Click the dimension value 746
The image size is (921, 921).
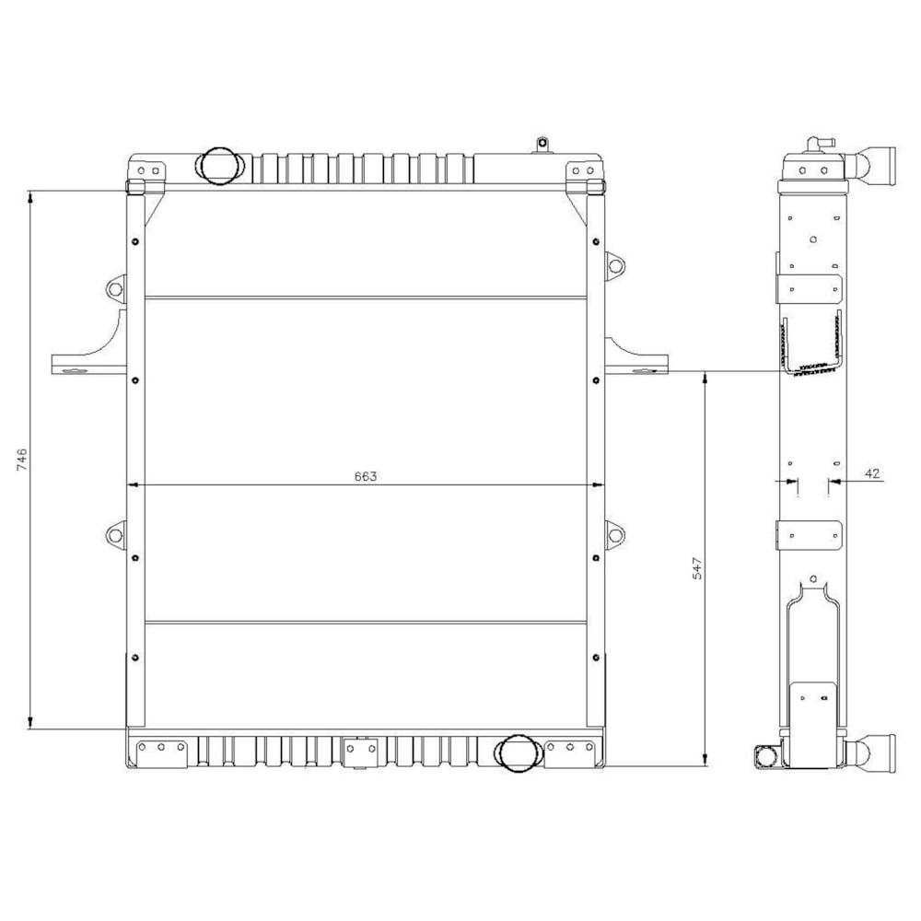pyautogui.click(x=22, y=460)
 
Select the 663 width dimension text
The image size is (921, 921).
pyautogui.click(x=366, y=476)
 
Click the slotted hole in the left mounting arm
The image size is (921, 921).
pyautogui.click(x=72, y=371)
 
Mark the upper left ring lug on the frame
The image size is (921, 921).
pyautogui.click(x=115, y=288)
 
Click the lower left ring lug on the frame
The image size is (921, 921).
pyautogui.click(x=115, y=533)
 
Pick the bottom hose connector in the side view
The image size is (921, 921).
pyautogui.click(x=879, y=753)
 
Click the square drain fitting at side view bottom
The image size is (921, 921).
pyautogui.click(x=766, y=757)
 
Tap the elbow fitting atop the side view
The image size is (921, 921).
pyautogui.click(x=817, y=145)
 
